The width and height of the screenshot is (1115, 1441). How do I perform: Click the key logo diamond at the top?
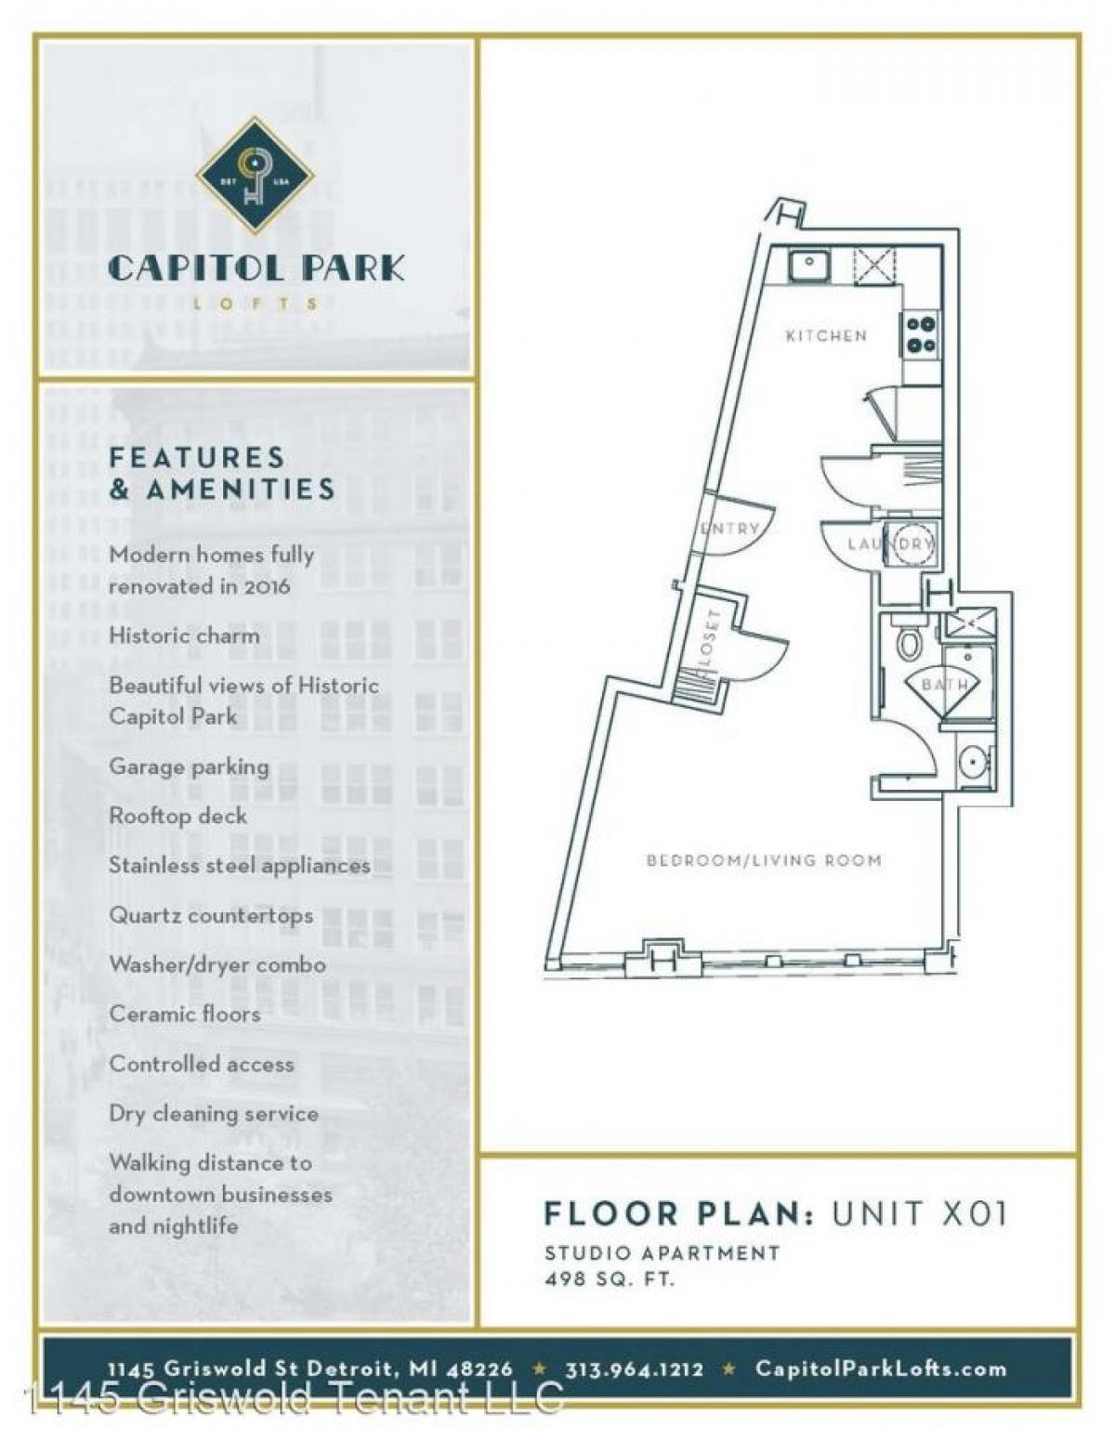255,176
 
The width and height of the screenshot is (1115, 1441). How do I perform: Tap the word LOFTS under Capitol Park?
256,303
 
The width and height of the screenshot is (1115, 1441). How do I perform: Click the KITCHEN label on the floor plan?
826,335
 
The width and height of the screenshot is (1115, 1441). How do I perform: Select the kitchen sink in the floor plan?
809,268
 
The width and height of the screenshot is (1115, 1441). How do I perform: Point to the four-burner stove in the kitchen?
920,334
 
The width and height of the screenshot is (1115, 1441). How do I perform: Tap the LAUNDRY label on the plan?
889,544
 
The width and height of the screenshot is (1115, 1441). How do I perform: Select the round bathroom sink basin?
973,764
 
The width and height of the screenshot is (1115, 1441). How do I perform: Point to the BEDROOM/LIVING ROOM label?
764,860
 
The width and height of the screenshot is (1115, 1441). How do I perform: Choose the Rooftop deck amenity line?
178,816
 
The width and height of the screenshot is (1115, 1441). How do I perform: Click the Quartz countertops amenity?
211,915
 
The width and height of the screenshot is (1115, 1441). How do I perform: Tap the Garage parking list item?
189,766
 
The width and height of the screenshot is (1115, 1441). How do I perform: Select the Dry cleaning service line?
214,1113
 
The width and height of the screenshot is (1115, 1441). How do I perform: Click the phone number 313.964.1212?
634,1369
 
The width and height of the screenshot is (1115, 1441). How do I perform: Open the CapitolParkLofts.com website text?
880,1369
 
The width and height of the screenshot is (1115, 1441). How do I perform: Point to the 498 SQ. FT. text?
610,1279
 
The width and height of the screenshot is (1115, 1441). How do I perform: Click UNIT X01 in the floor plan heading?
919,1213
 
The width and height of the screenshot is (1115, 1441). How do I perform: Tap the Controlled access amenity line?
202,1064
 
